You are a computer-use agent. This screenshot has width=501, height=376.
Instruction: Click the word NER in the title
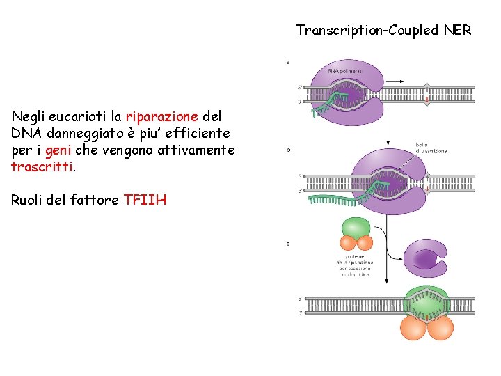pos(456,31)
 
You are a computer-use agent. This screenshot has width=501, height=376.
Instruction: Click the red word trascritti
pos(41,167)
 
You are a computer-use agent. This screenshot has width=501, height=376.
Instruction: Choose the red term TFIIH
pos(145,201)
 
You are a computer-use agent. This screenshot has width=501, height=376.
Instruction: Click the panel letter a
pos(288,62)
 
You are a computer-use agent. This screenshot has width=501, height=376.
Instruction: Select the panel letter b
pos(288,149)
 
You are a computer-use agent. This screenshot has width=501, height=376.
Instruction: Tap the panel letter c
pos(288,244)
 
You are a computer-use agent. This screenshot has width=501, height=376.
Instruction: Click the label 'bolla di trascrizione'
pos(431,148)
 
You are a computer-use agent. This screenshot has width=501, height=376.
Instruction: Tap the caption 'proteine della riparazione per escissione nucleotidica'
pos(356,265)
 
